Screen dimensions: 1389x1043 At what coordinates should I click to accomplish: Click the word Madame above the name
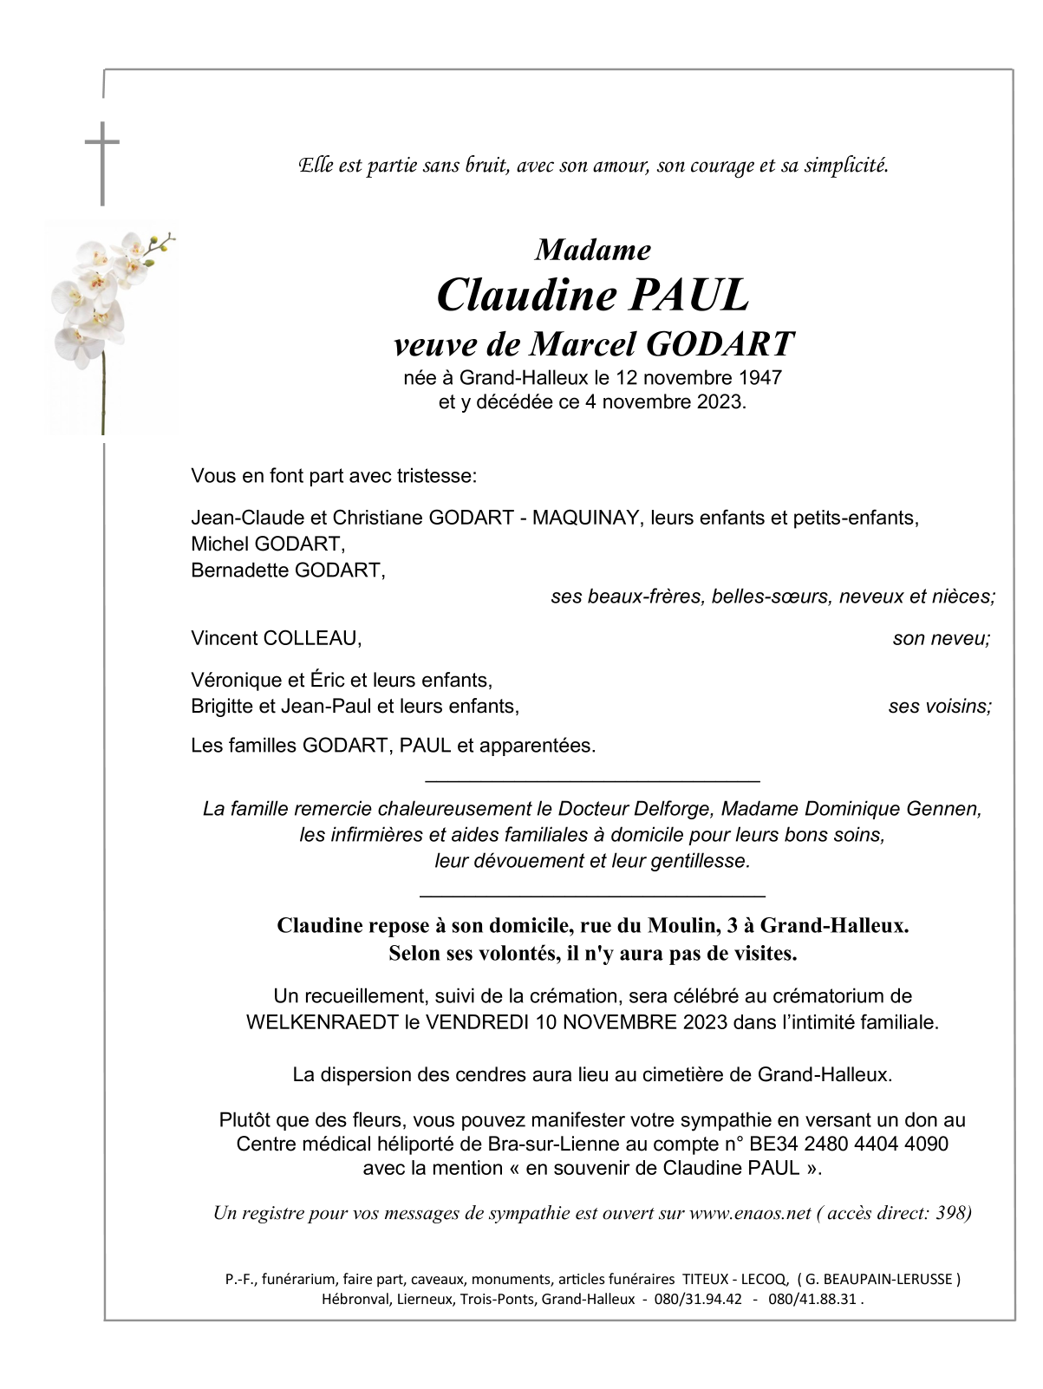(x=593, y=250)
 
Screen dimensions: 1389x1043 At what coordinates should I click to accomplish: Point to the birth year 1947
(x=760, y=378)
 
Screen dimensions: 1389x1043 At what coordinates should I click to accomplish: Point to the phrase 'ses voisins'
(x=940, y=706)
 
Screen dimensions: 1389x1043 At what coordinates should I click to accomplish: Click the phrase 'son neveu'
(x=941, y=638)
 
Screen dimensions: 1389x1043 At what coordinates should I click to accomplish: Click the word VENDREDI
(x=477, y=1021)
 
